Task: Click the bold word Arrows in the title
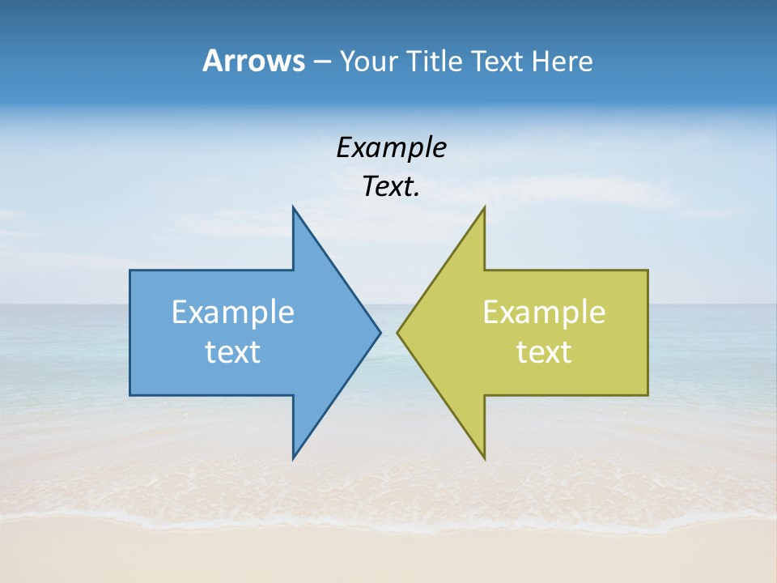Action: [253, 61]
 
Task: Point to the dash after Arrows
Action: [321, 62]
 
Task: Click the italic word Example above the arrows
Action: [391, 148]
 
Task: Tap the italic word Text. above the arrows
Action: [391, 187]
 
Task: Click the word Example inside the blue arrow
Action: [233, 313]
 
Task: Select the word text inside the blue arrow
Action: [233, 352]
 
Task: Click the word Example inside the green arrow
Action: [544, 313]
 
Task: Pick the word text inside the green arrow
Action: [544, 352]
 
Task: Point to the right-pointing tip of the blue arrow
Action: [380, 332]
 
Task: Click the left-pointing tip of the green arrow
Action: [397, 332]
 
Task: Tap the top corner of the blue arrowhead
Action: [293, 207]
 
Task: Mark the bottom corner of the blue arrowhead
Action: [293, 458]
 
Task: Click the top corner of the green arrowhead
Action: [484, 207]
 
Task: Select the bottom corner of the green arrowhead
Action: [484, 458]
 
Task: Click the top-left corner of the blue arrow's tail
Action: [130, 270]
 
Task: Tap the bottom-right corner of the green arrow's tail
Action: [647, 394]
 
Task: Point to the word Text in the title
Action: [499, 61]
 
